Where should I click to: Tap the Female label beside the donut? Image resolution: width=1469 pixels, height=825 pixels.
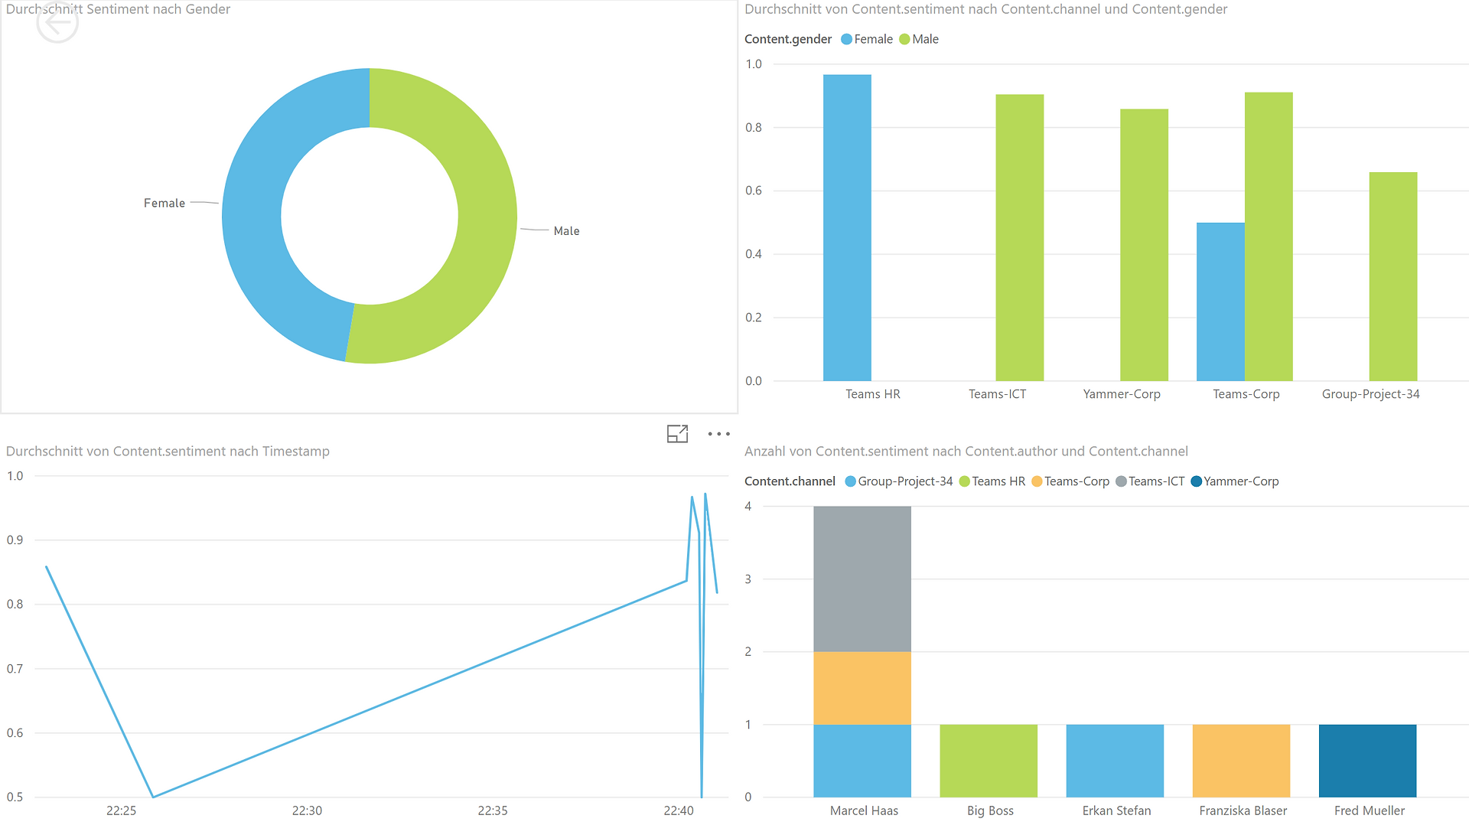pyautogui.click(x=164, y=203)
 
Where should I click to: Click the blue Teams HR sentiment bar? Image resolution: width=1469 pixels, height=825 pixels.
pyautogui.click(x=847, y=227)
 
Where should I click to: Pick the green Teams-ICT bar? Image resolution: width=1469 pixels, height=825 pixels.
pyautogui.click(x=1019, y=237)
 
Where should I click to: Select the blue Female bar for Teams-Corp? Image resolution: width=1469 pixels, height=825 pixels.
pyautogui.click(x=1220, y=302)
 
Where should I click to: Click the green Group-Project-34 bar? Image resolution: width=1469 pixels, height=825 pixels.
pyautogui.click(x=1393, y=276)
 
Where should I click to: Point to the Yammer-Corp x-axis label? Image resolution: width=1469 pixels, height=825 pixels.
pyautogui.click(x=1122, y=394)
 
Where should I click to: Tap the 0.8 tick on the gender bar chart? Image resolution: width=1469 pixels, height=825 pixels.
pyautogui.click(x=754, y=127)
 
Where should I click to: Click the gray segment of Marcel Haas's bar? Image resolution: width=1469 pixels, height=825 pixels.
pyautogui.click(x=862, y=579)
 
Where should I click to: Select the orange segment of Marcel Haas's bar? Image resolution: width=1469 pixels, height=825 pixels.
pyautogui.click(x=862, y=688)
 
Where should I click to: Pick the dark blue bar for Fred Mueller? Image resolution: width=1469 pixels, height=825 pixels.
pyautogui.click(x=1367, y=761)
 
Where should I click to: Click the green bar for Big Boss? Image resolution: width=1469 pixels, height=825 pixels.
pyautogui.click(x=989, y=761)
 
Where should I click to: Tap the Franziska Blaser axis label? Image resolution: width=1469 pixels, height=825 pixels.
pyautogui.click(x=1243, y=810)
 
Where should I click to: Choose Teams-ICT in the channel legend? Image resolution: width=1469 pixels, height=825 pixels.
pyautogui.click(x=1150, y=481)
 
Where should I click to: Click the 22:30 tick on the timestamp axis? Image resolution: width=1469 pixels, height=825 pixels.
pyautogui.click(x=307, y=810)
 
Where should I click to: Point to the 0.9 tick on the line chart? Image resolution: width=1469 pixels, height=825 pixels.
pyautogui.click(x=15, y=540)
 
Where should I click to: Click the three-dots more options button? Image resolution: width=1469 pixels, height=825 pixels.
pyautogui.click(x=718, y=434)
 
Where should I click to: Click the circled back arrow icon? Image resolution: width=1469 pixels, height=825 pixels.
pyautogui.click(x=57, y=23)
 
